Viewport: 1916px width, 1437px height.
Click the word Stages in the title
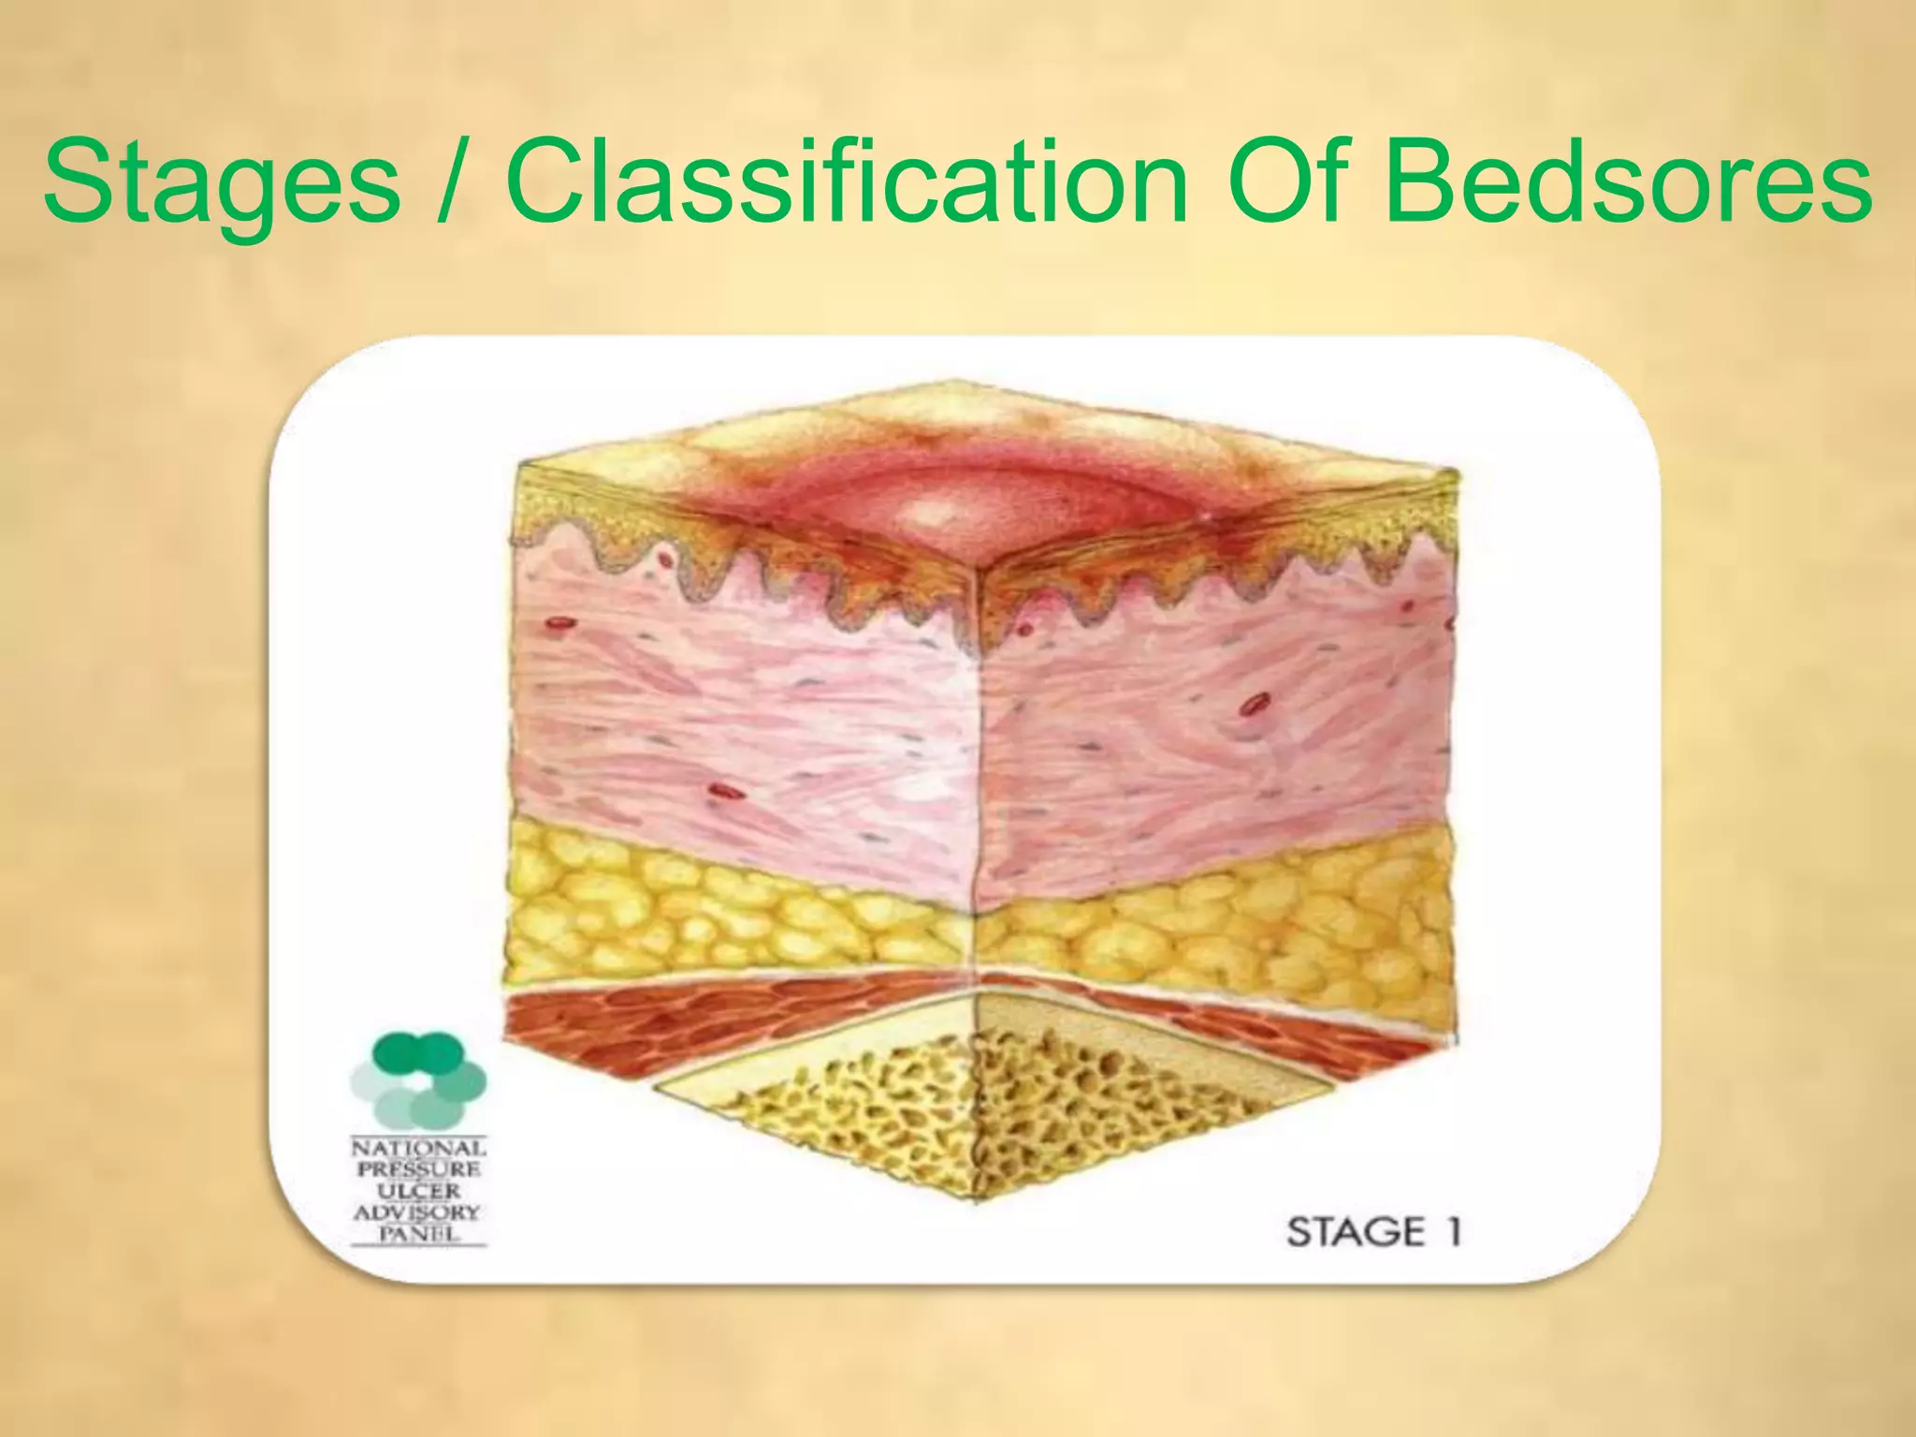pos(222,183)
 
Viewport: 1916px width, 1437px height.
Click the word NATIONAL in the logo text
pos(418,1148)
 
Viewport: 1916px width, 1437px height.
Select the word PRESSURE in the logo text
pos(418,1169)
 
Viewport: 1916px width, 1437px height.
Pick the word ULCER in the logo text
pos(418,1191)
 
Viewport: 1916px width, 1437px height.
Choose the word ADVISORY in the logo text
pos(418,1212)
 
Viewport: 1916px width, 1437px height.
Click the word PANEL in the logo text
pos(418,1233)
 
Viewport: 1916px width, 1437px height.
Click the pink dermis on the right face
pos(1216,730)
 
